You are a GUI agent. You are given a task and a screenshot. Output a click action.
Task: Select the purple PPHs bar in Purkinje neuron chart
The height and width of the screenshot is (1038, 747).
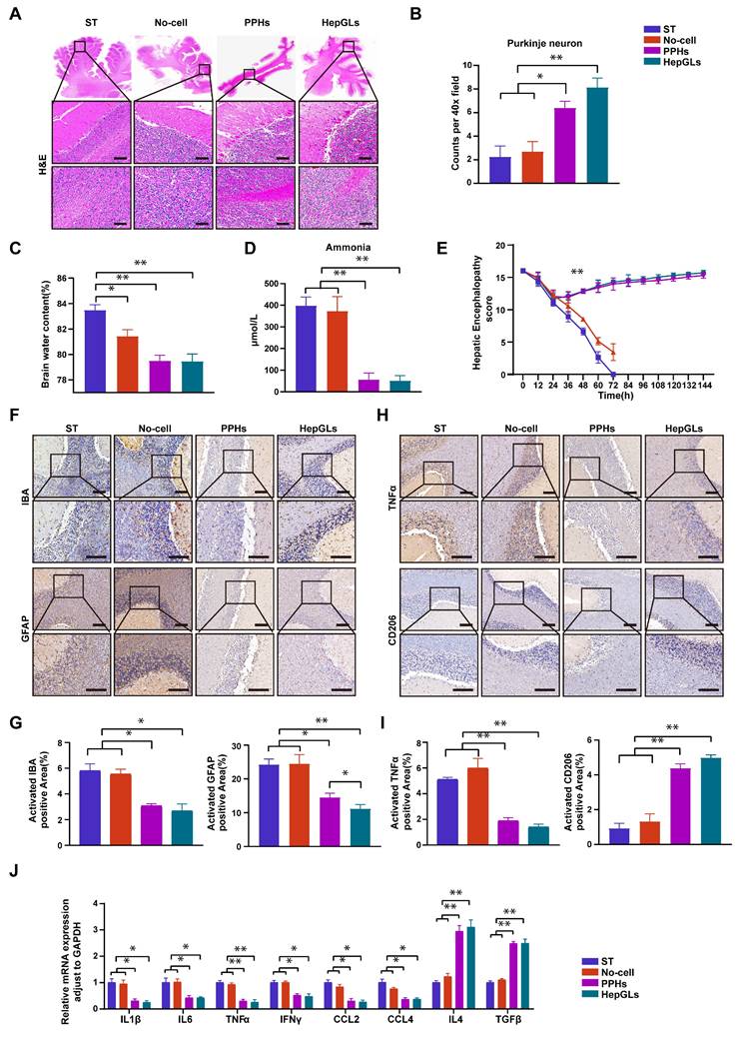562,145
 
